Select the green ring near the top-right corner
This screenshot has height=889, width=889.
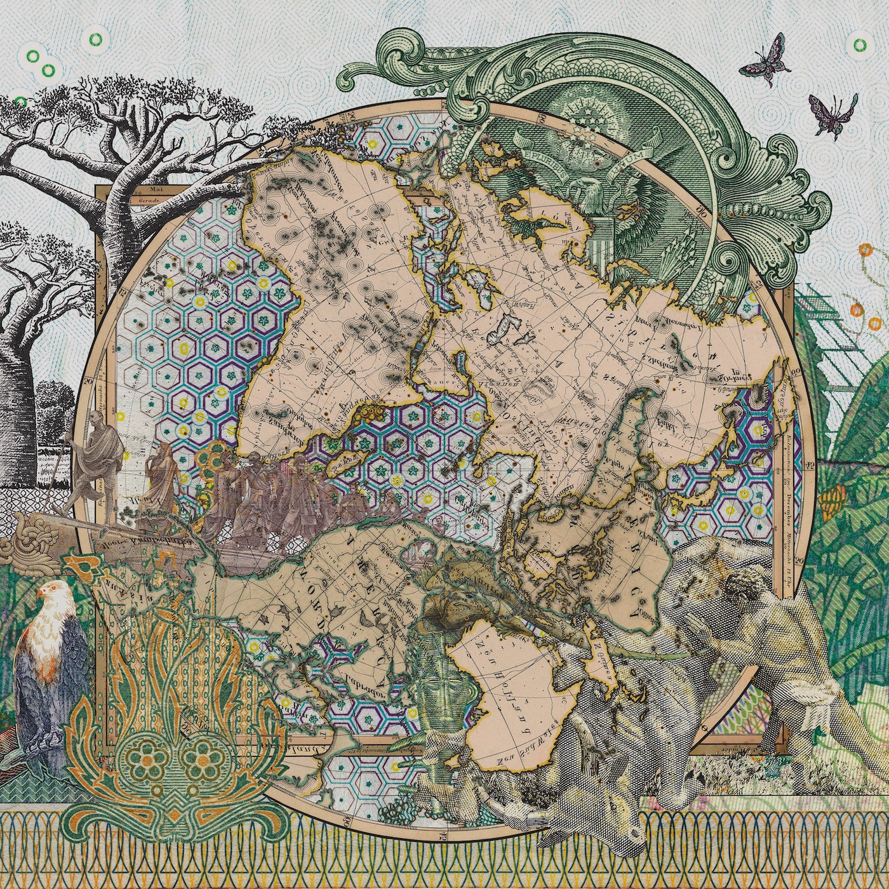tap(859, 44)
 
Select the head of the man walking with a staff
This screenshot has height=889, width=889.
tap(98, 417)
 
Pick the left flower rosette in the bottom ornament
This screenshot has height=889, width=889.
tap(141, 756)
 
